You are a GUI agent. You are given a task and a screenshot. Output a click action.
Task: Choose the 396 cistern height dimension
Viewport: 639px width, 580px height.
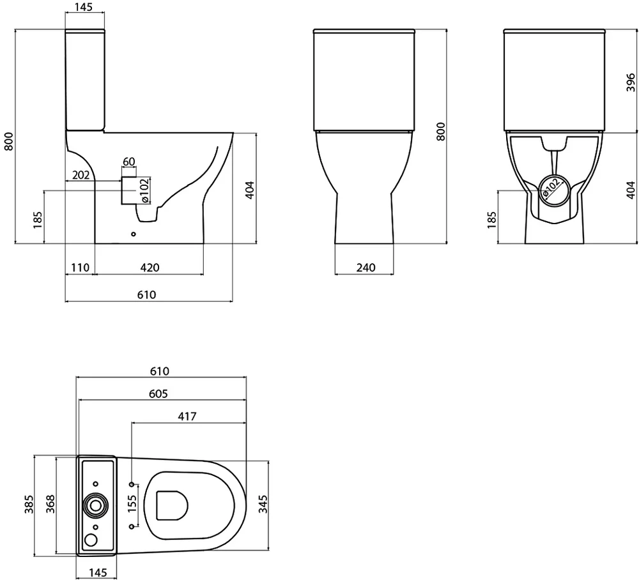(629, 82)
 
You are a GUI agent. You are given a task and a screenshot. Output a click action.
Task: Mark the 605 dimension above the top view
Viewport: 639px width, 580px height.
(158, 393)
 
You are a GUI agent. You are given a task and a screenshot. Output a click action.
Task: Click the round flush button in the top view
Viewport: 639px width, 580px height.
(96, 505)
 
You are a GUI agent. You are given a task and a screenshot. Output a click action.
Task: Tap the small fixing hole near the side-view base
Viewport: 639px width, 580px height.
(133, 234)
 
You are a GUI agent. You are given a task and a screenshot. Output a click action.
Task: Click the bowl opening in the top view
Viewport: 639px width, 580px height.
(171, 505)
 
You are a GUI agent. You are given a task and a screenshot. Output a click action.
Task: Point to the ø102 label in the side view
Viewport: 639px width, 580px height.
(145, 190)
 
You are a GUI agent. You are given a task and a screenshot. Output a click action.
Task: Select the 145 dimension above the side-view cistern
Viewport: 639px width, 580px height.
(84, 8)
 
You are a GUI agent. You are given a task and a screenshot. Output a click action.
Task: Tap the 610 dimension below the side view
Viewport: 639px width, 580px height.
(147, 294)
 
